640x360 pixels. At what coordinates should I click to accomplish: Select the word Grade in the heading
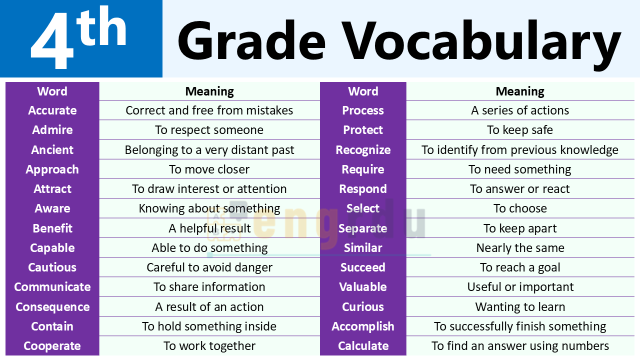[251, 40]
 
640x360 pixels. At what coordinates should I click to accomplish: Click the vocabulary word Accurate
[52, 110]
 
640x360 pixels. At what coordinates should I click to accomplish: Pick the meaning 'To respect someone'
[209, 130]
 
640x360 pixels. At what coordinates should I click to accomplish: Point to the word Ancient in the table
[52, 149]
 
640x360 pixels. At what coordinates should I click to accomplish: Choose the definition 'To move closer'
[209, 169]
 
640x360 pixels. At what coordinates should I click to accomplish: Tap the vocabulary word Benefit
[52, 228]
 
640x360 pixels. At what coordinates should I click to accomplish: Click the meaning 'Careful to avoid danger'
[209, 267]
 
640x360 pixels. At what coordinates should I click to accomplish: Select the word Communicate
[52, 287]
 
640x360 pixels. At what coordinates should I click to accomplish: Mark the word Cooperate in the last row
[52, 346]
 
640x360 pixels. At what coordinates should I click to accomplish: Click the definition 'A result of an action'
[209, 307]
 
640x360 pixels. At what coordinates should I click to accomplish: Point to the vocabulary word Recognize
[363, 150]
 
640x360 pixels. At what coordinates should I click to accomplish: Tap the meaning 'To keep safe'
[520, 130]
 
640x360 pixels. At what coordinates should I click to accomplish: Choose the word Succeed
[363, 267]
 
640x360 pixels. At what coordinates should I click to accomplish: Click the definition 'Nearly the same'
[520, 248]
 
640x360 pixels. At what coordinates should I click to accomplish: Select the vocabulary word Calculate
[363, 346]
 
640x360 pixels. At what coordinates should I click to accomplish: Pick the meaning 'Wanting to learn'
[520, 307]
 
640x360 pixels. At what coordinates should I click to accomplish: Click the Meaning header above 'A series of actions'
[520, 91]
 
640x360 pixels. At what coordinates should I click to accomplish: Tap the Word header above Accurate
[52, 91]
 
